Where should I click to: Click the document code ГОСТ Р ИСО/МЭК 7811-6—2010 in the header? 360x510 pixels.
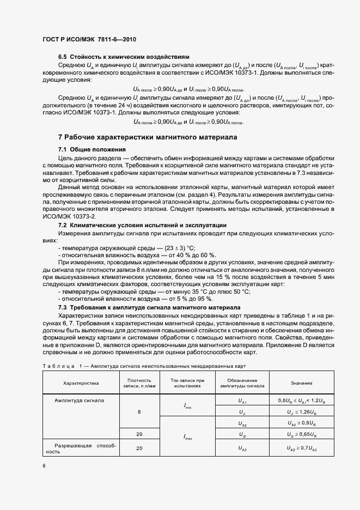(x=89, y=40)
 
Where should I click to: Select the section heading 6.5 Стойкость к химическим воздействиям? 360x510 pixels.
(x=124, y=57)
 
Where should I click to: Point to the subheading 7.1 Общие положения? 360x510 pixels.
(x=92, y=149)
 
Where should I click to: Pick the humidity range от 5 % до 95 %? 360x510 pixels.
(x=184, y=299)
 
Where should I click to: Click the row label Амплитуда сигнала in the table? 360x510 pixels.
(x=80, y=399)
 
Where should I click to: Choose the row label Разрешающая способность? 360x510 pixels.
(x=81, y=448)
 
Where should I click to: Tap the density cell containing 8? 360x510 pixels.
(x=139, y=411)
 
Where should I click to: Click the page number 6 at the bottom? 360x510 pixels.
(x=44, y=466)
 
